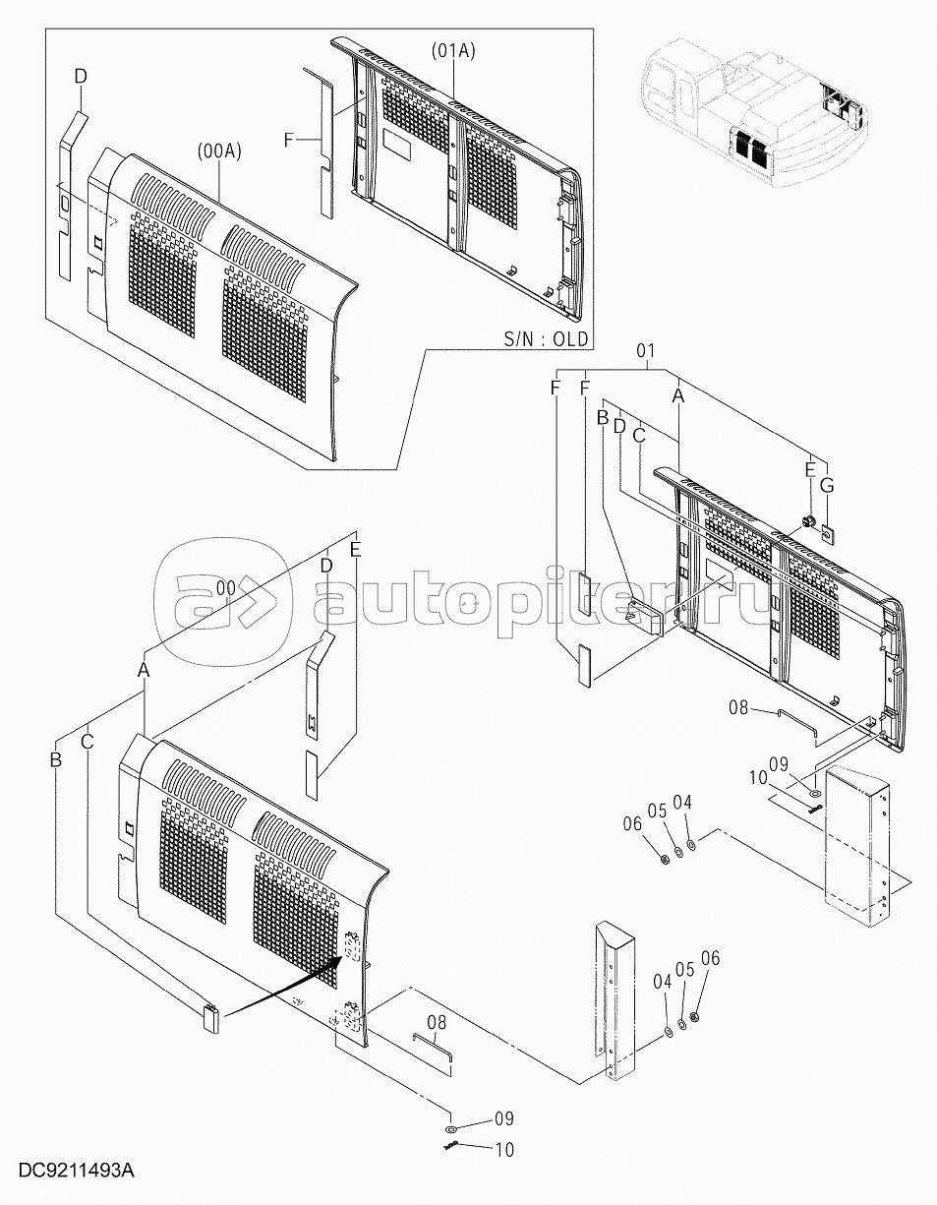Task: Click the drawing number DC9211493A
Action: click(76, 1181)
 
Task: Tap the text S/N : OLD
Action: click(546, 338)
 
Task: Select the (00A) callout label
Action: click(220, 151)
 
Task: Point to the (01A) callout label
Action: click(453, 51)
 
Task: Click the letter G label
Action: click(826, 486)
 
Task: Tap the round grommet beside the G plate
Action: click(808, 521)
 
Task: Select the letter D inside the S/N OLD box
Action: click(81, 77)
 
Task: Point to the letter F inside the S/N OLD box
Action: click(288, 140)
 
